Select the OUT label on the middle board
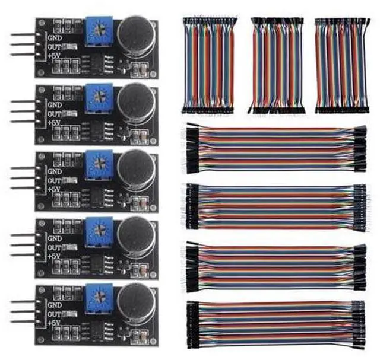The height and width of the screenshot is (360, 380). pos(55,180)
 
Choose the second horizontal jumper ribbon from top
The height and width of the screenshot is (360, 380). pos(277,207)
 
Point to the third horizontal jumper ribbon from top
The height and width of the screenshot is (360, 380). pos(277,265)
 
